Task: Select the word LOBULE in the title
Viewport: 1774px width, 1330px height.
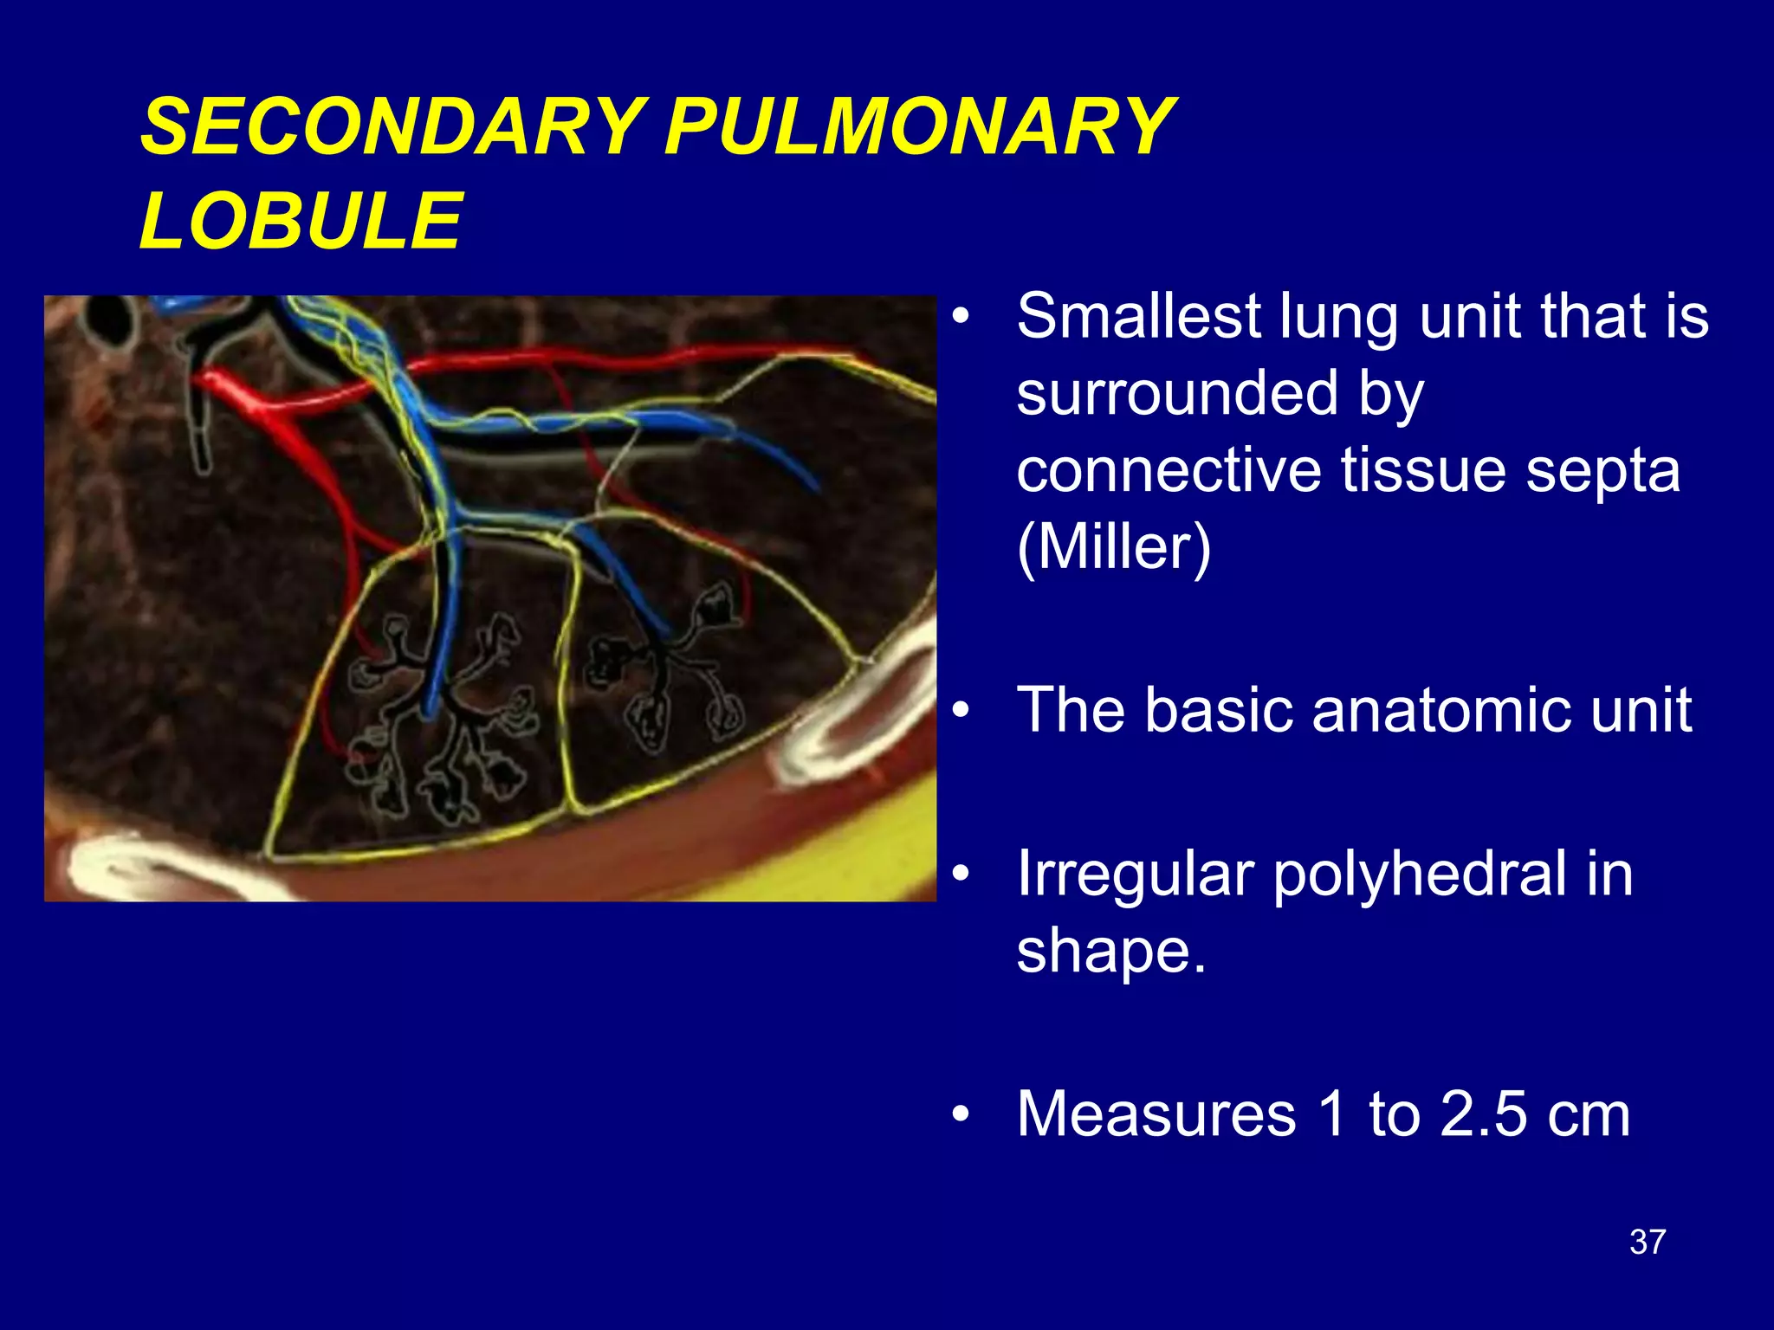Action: point(301,221)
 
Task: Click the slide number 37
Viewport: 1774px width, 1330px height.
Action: point(1647,1242)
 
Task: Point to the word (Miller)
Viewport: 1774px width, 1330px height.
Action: point(1114,546)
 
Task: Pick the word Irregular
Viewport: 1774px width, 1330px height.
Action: point(1135,875)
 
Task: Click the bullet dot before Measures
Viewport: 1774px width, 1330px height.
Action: point(960,1114)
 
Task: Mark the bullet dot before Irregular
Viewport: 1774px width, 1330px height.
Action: point(960,875)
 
